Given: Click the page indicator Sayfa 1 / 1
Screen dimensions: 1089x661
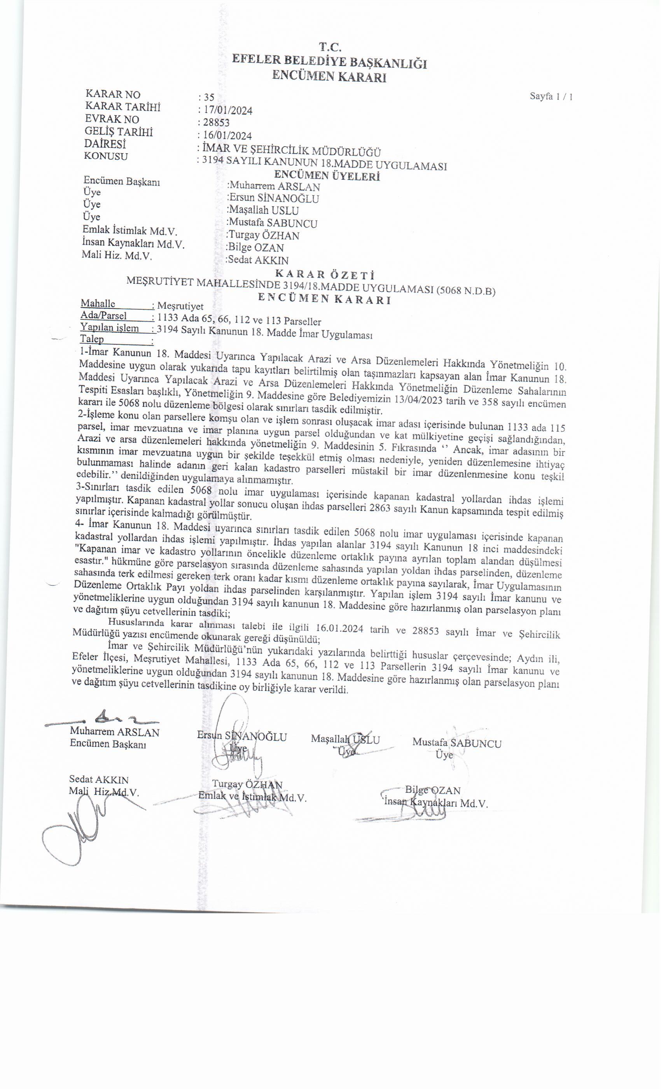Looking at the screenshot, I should tap(551, 96).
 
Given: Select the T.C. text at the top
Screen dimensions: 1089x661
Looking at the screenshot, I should tap(330, 47).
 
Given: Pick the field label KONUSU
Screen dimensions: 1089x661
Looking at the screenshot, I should tap(106, 156).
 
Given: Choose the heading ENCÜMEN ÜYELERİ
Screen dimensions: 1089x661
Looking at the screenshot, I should tap(327, 176).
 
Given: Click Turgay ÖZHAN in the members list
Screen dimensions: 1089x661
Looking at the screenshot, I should tap(264, 236).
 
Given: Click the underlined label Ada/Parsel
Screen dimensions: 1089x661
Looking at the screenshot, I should tap(104, 315).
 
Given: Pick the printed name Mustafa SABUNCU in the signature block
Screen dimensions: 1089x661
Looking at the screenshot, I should tap(457, 743).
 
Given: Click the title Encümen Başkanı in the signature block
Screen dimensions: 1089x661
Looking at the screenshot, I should tap(108, 744).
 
